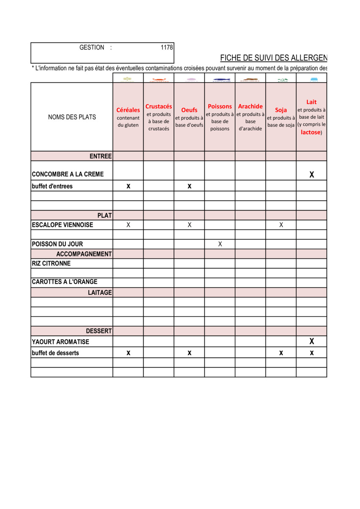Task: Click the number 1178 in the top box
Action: pyautogui.click(x=167, y=48)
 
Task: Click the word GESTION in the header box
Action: pyautogui.click(x=92, y=48)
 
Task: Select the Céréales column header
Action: pyautogui.click(x=128, y=110)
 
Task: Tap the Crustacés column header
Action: pyautogui.click(x=159, y=106)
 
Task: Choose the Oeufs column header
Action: pyautogui.click(x=189, y=110)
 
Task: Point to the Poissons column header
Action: pyautogui.click(x=220, y=106)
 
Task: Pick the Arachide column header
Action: pyautogui.click(x=250, y=106)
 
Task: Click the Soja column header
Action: pyautogui.click(x=281, y=110)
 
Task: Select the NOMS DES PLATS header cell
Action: pyautogui.click(x=72, y=117)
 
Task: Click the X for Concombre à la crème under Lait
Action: pyautogui.click(x=312, y=174)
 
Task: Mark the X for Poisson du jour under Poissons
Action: pyautogui.click(x=220, y=244)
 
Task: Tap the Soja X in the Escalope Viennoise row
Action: pyautogui.click(x=281, y=225)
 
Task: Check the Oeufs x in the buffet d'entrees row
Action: pyautogui.click(x=189, y=186)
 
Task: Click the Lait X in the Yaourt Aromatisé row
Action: pyautogui.click(x=312, y=341)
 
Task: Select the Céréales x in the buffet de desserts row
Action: pyautogui.click(x=128, y=353)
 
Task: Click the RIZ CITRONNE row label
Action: pyautogui.click(x=51, y=263)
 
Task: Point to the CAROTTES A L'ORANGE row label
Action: pyautogui.click(x=64, y=282)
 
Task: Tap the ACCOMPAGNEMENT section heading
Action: pyautogui.click(x=84, y=254)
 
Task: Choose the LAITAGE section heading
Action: pyautogui.click(x=100, y=293)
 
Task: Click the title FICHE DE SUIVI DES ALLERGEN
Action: pyautogui.click(x=273, y=58)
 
